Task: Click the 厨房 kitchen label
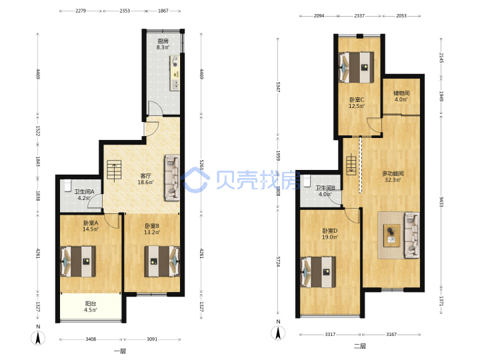pyautogui.click(x=163, y=41)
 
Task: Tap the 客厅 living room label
pyautogui.click(x=145, y=176)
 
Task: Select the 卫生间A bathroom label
pyautogui.click(x=84, y=191)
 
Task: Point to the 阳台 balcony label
pyautogui.click(x=91, y=304)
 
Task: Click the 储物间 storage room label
pyautogui.click(x=401, y=93)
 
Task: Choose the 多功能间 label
pyautogui.click(x=393, y=173)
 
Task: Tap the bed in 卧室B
pyautogui.click(x=162, y=261)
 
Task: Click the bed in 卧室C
pyautogui.click(x=356, y=67)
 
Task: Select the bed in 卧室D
pyautogui.click(x=319, y=272)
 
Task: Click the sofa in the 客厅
pyautogui.click(x=173, y=178)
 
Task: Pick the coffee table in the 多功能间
pyautogui.click(x=391, y=235)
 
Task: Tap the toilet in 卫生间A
pyautogui.click(x=67, y=185)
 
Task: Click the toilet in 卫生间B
pyautogui.click(x=307, y=181)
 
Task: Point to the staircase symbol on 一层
pyautogui.click(x=114, y=170)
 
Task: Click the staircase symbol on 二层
pyautogui.click(x=351, y=165)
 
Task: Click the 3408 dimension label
pyautogui.click(x=91, y=339)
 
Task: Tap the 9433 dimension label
pyautogui.click(x=441, y=202)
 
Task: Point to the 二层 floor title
pyautogui.click(x=360, y=346)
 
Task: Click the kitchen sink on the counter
pyautogui.click(x=175, y=84)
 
